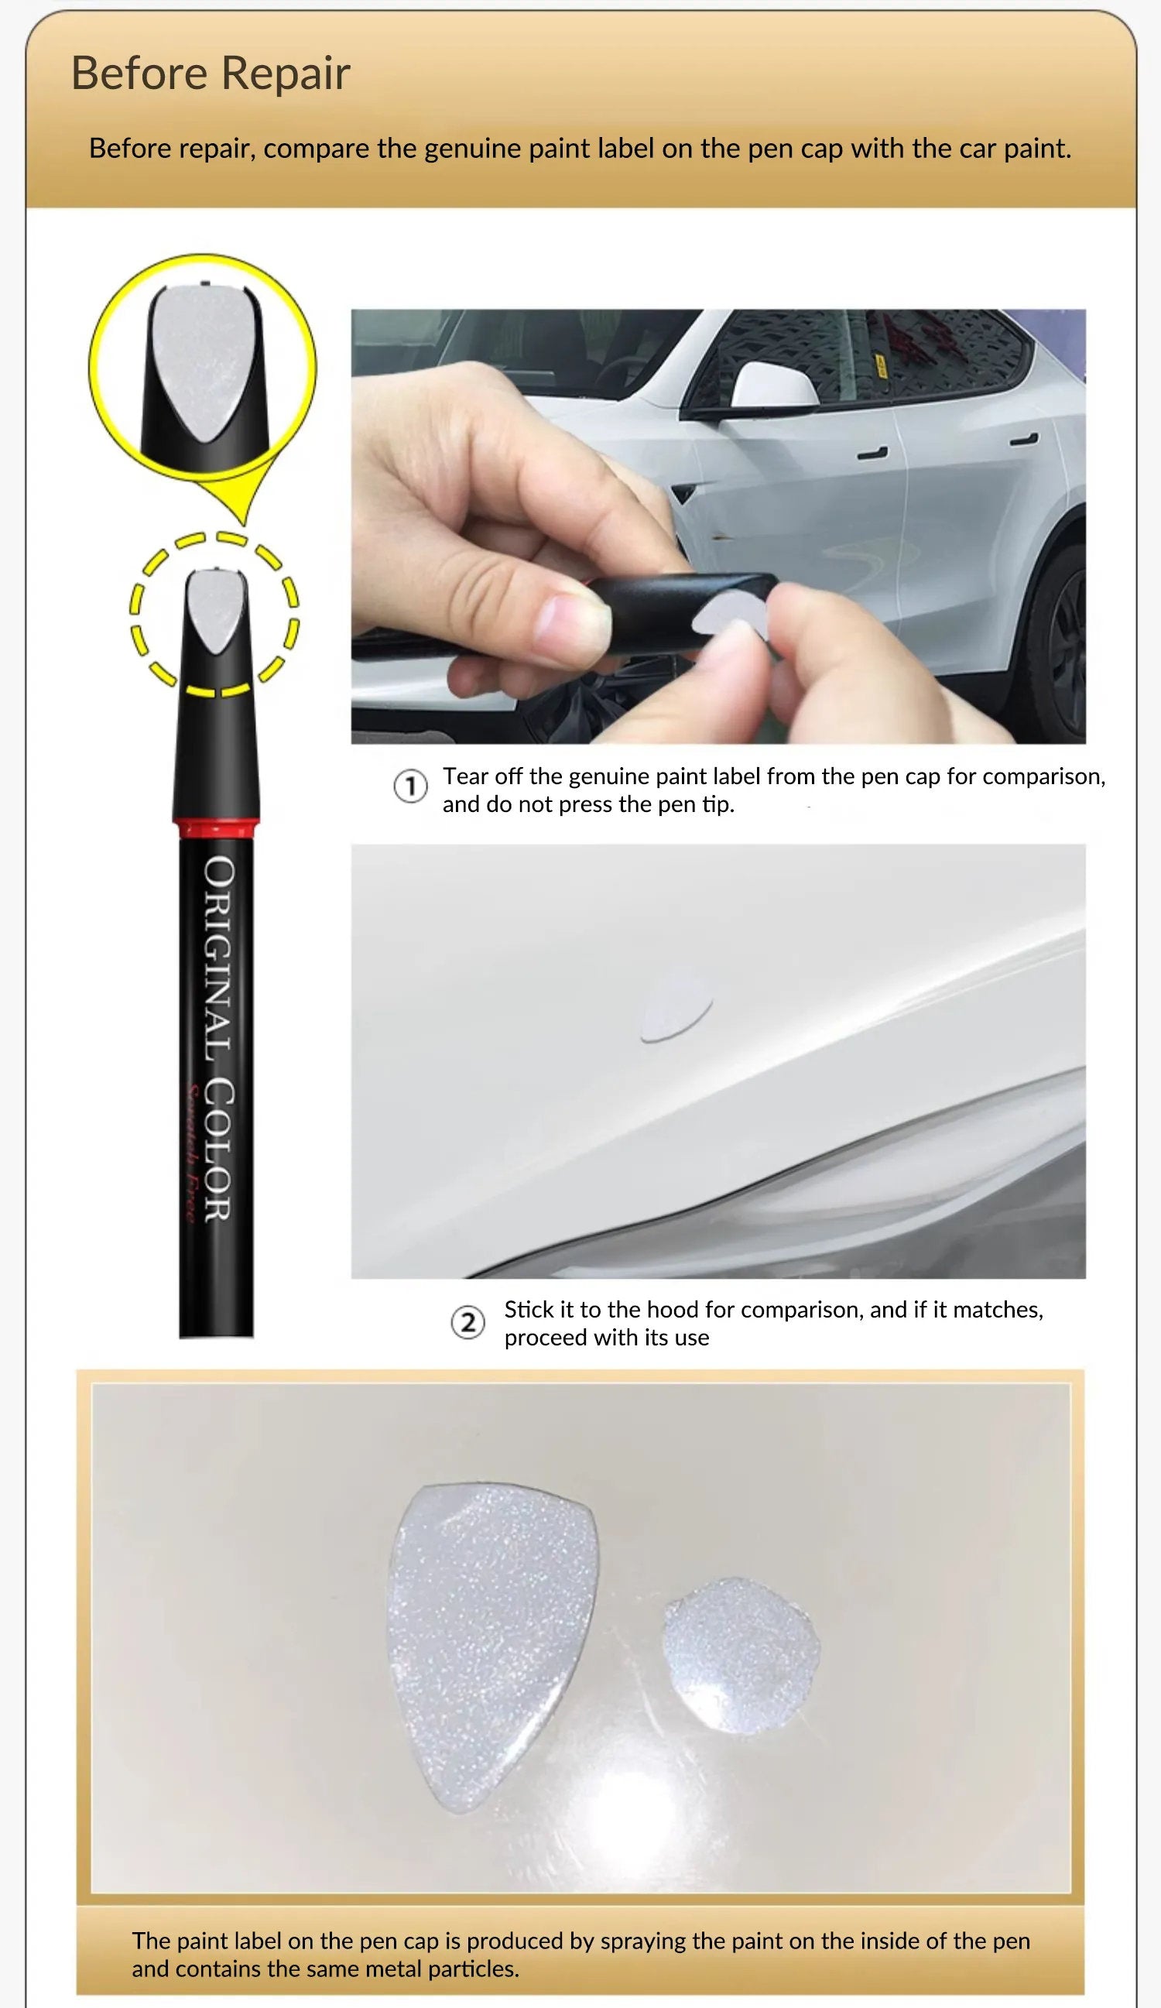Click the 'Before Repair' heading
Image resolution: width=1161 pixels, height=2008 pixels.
tap(211, 74)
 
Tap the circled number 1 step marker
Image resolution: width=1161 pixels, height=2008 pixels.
tap(410, 787)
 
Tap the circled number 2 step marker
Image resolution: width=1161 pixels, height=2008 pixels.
tap(467, 1323)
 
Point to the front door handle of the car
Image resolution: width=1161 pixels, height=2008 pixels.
tap(872, 454)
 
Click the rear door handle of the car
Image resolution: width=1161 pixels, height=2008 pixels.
tap(1023, 440)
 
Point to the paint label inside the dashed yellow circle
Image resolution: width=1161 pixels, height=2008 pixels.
tap(214, 610)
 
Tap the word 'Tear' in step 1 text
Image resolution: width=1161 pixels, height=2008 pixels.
tap(464, 776)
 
